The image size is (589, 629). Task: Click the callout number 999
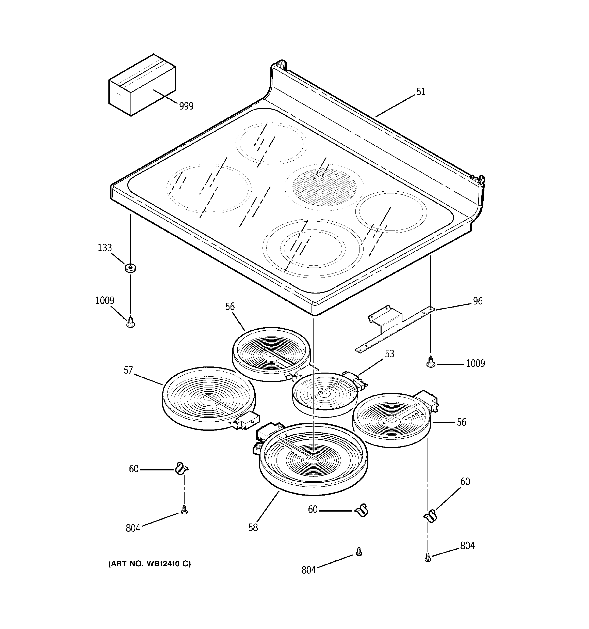point(186,106)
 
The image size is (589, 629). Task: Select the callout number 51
point(420,92)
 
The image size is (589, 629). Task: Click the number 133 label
point(105,248)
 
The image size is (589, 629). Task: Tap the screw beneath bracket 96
point(430,362)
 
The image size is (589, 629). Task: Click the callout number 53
point(389,354)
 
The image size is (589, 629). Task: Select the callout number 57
point(128,370)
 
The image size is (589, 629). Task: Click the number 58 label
point(253,527)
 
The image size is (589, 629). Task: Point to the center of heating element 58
point(313,459)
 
